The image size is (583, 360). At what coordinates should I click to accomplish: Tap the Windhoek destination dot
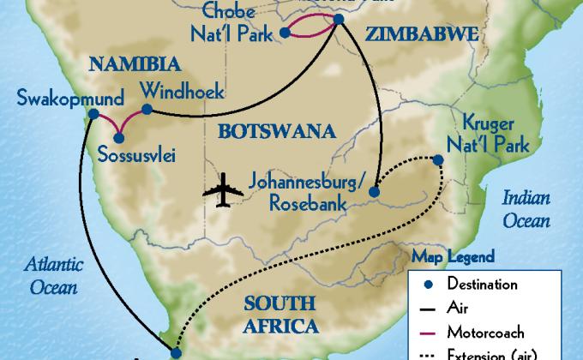(147, 109)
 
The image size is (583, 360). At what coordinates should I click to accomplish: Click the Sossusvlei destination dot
(118, 135)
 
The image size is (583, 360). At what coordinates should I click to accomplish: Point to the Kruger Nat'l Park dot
(438, 159)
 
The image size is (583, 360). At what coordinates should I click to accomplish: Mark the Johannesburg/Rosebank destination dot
(375, 194)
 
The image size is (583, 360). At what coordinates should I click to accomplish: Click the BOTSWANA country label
(263, 132)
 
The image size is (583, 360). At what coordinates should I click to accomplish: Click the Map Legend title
(454, 256)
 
